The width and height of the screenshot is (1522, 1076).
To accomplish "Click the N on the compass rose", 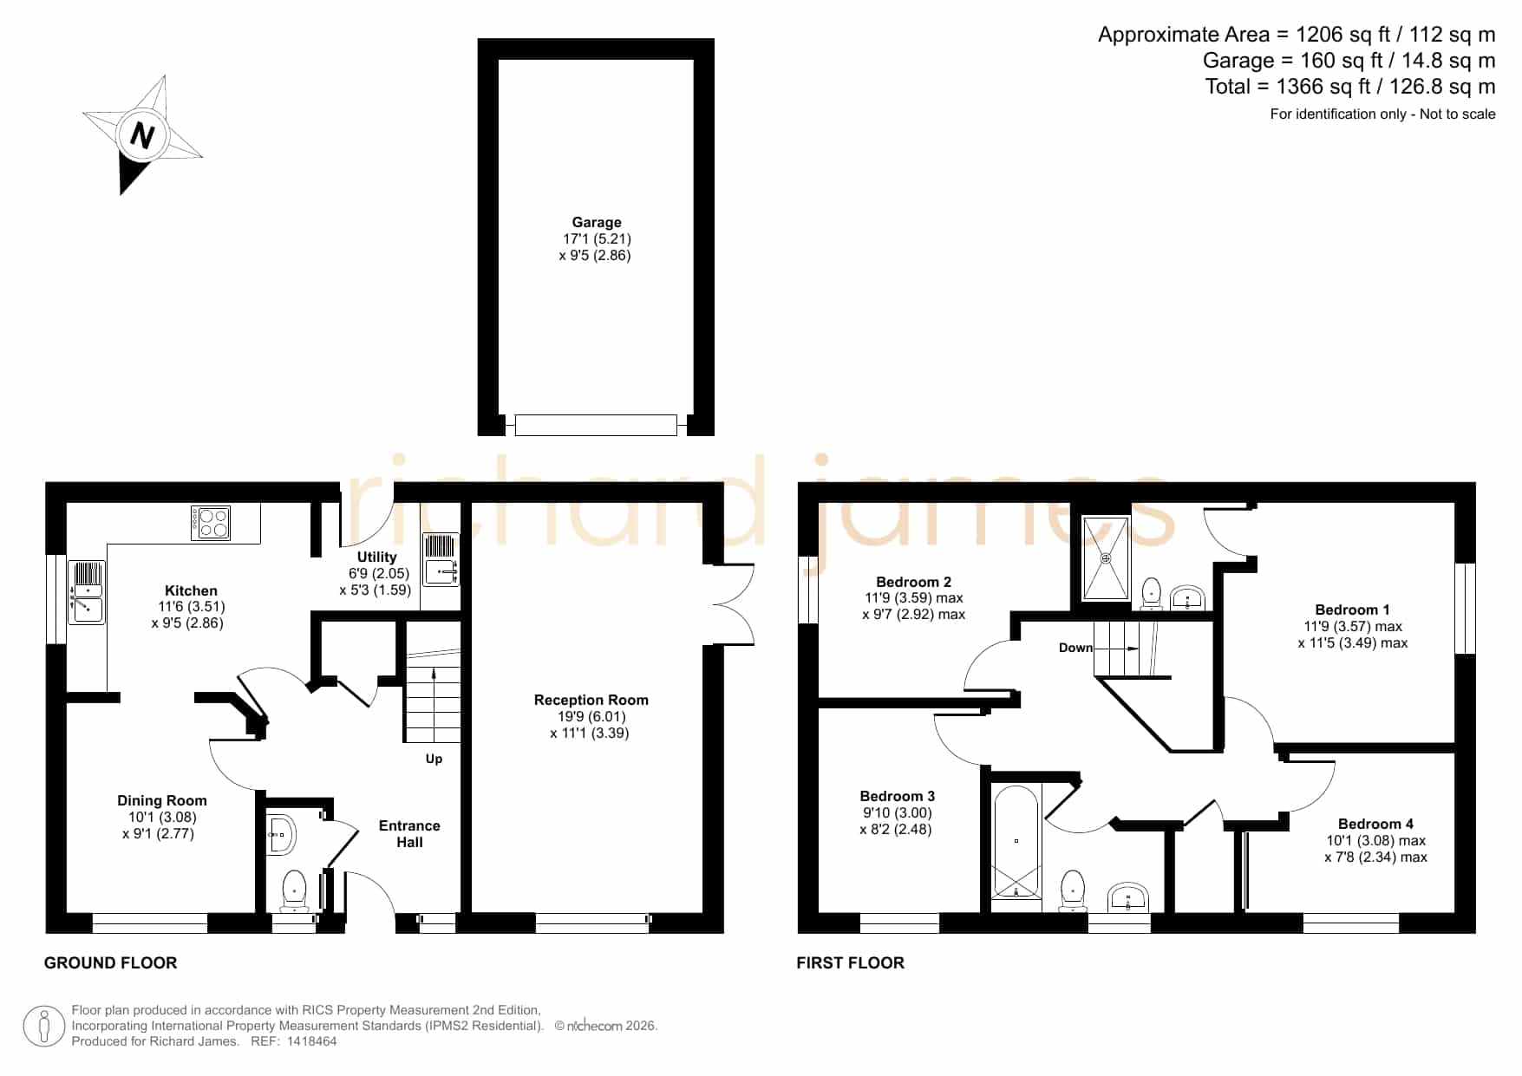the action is coord(141,134).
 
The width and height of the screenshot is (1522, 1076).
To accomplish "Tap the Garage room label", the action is coord(597,222).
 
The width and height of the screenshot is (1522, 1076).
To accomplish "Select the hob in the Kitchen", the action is coord(211,522).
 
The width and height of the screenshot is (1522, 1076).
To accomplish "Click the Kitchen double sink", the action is coord(87,592).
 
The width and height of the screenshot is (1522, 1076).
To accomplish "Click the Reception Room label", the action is coord(591,700).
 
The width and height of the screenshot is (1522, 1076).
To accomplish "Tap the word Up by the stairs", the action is coord(434,760).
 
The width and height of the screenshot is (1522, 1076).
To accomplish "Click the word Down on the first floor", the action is coord(1075,648).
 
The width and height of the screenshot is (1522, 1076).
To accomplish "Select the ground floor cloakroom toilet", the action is coord(295,890).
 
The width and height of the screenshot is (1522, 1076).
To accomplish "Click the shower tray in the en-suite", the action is coord(1106,558).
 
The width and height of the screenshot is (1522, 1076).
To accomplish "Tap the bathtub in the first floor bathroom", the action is coord(1016,841).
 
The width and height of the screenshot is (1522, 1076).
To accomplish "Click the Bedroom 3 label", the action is coord(898,796).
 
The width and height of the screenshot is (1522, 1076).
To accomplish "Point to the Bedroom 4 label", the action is coord(1375,824).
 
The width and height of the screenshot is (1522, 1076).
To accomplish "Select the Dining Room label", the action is coord(162,800).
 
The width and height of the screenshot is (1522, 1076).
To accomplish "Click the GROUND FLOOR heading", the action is coord(111,962).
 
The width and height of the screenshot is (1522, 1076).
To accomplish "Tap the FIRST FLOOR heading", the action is coord(850,962).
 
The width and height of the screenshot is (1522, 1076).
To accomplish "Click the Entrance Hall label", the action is coord(409,833).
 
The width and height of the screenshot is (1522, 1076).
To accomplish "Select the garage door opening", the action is coord(596,425).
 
